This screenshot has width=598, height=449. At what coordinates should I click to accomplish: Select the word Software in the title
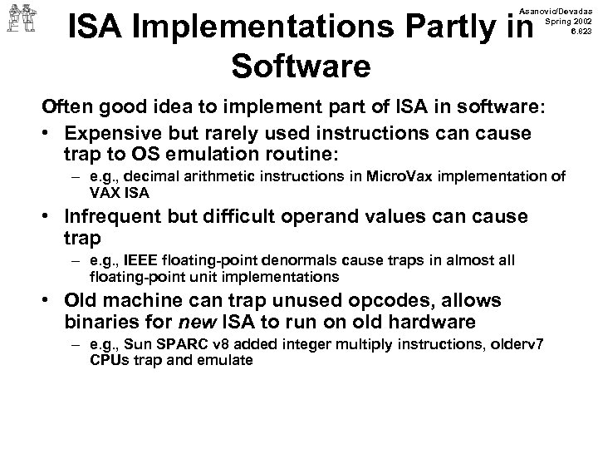[x=301, y=67]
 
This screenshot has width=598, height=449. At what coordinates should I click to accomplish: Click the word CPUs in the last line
[x=108, y=360]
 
